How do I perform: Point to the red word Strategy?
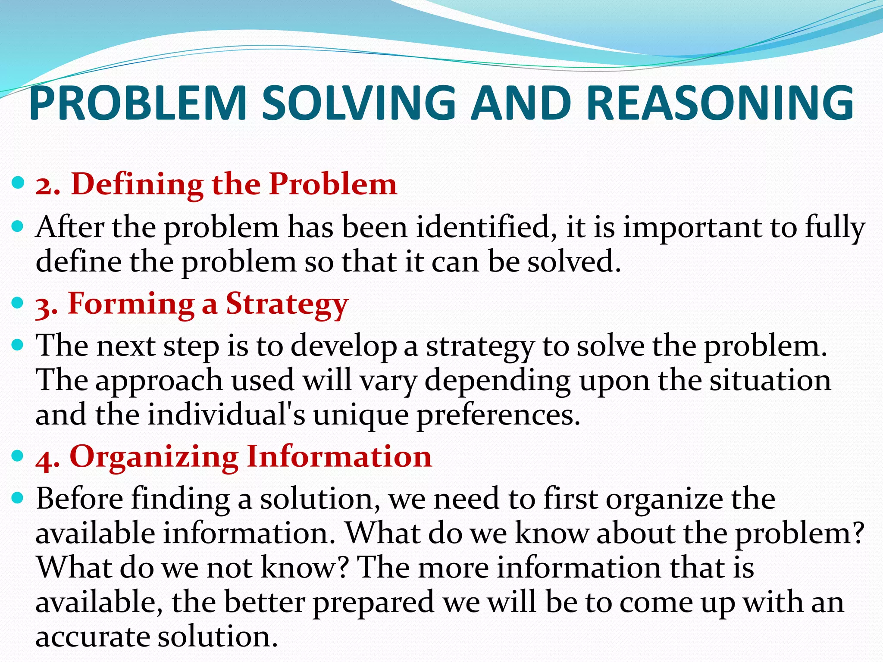tap(287, 304)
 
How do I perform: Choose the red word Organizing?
tap(154, 457)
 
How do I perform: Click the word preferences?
tap(498, 415)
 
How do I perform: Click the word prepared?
tap(373, 602)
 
